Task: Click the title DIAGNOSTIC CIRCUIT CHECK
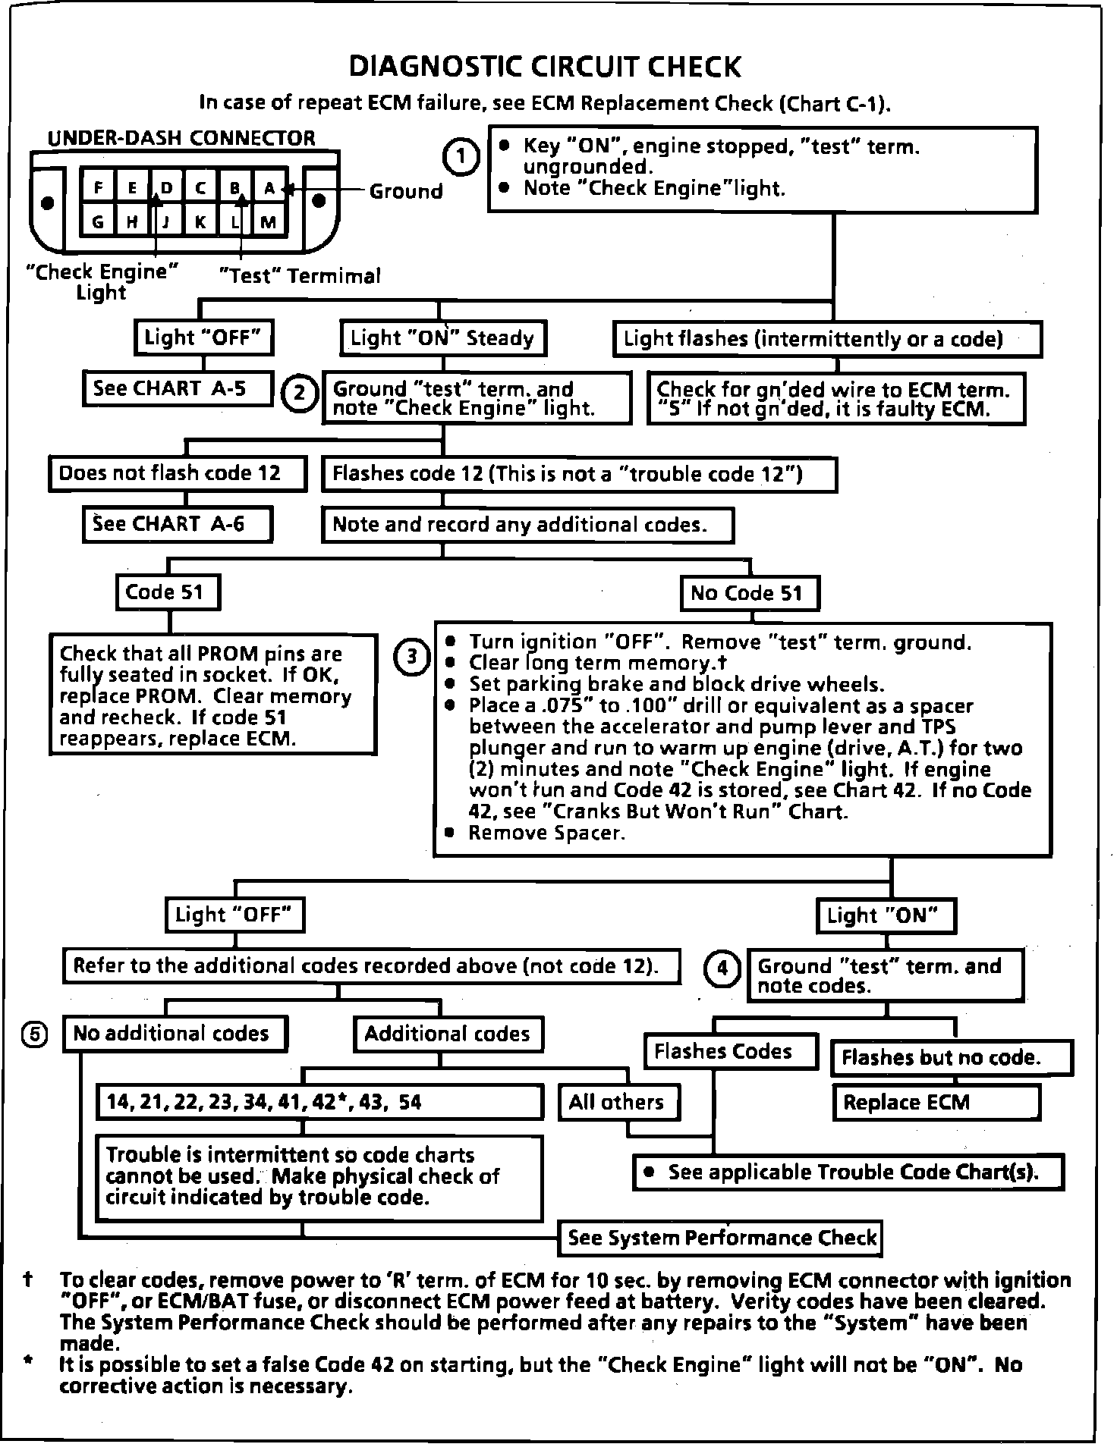point(544,67)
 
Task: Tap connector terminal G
point(98,222)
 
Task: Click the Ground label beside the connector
point(406,190)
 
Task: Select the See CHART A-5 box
point(178,389)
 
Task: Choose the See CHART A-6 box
point(178,524)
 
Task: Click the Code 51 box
point(168,592)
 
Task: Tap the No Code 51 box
point(749,592)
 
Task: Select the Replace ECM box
point(936,1102)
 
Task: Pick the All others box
point(618,1102)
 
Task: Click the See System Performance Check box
point(721,1238)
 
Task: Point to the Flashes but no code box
point(952,1057)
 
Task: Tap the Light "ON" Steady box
point(442,338)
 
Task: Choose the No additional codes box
point(175,1033)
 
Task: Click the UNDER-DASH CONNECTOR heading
point(181,138)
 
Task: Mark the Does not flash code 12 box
point(178,473)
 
